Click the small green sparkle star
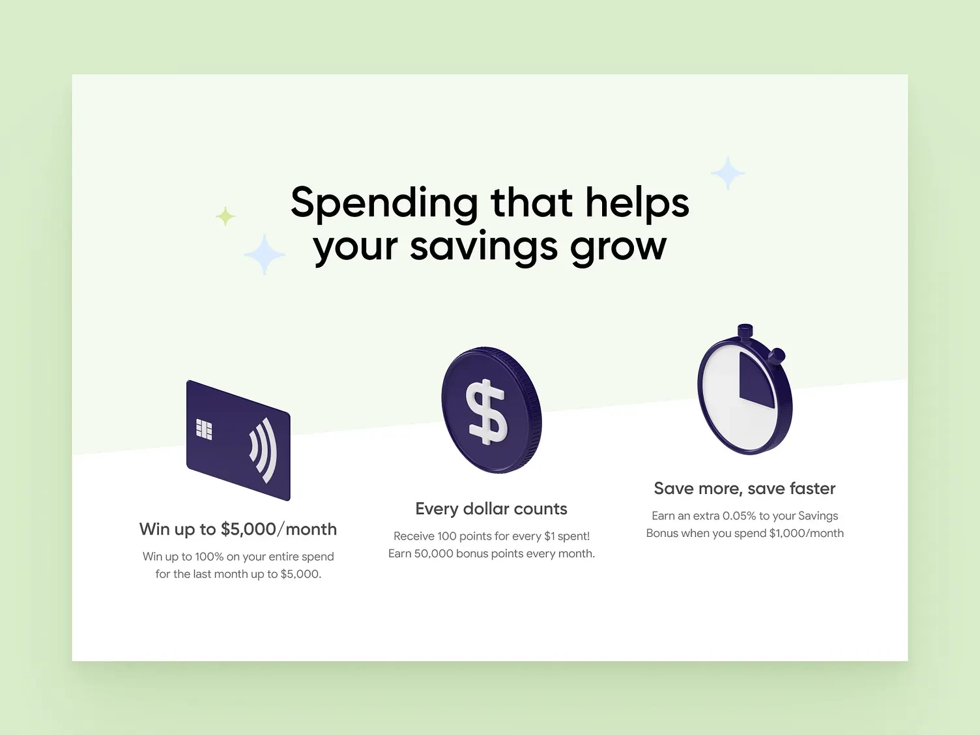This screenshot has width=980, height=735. (225, 216)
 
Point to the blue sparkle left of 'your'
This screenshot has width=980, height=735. (265, 254)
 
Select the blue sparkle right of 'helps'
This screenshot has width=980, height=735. (728, 173)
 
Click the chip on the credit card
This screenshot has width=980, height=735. (204, 429)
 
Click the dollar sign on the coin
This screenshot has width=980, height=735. (486, 412)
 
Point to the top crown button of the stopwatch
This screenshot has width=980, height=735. (745, 331)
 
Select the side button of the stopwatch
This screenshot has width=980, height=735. (777, 356)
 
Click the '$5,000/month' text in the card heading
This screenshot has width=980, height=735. (279, 529)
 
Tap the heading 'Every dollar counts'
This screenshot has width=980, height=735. (491, 509)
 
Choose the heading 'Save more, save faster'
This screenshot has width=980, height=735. (745, 488)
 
